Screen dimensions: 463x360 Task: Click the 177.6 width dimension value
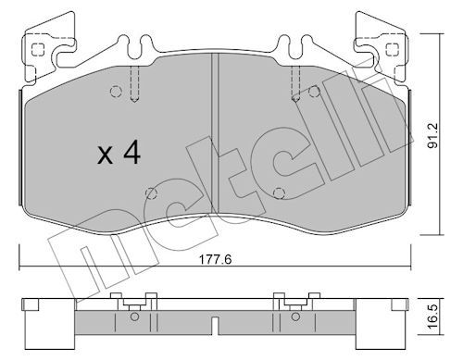coord(215,259)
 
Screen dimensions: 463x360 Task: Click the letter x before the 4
coord(105,155)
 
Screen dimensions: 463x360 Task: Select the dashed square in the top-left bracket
coord(38,49)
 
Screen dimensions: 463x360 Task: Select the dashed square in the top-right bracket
coord(392,49)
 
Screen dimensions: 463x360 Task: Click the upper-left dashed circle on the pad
coord(116,92)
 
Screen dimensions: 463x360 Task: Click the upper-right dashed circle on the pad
coord(314,92)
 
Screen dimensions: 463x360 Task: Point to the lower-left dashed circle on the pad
coord(151,193)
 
